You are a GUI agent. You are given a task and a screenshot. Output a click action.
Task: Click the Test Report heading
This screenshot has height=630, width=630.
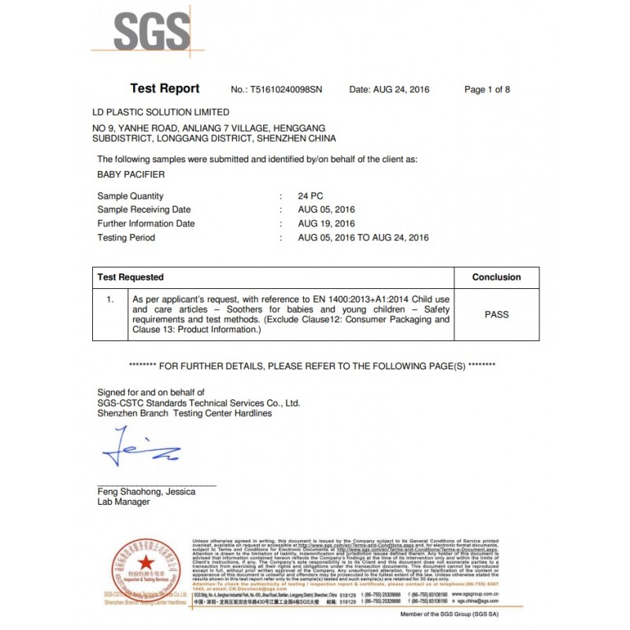click(x=165, y=89)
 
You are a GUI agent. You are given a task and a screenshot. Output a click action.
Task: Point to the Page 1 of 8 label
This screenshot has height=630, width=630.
click(x=487, y=90)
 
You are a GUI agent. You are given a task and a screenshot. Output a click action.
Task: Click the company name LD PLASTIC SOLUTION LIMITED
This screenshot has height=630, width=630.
click(x=161, y=113)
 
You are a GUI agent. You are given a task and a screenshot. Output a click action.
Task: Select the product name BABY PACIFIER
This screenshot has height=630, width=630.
click(x=131, y=175)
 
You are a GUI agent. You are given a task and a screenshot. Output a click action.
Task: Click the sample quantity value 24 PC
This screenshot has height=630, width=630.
click(x=311, y=196)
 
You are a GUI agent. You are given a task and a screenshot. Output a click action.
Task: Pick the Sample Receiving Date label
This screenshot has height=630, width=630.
click(x=144, y=210)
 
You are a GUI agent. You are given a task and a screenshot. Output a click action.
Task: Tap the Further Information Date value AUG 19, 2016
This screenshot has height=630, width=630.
click(x=327, y=224)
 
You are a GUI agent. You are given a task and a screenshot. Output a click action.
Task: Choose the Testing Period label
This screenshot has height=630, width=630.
click(x=126, y=238)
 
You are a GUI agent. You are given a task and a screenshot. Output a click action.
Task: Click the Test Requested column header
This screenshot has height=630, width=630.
click(x=131, y=277)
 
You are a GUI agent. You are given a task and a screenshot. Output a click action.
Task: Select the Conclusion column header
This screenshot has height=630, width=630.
click(x=496, y=277)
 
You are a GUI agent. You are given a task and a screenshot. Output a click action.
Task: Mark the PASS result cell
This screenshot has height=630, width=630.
click(x=496, y=314)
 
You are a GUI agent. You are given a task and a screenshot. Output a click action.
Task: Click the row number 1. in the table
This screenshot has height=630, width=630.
click(x=110, y=300)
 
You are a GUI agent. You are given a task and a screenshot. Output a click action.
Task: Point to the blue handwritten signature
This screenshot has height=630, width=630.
click(x=140, y=447)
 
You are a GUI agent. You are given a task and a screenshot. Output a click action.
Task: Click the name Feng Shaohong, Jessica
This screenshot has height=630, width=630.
click(x=146, y=491)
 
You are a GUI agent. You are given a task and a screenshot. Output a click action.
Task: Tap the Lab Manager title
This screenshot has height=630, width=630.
click(x=123, y=502)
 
